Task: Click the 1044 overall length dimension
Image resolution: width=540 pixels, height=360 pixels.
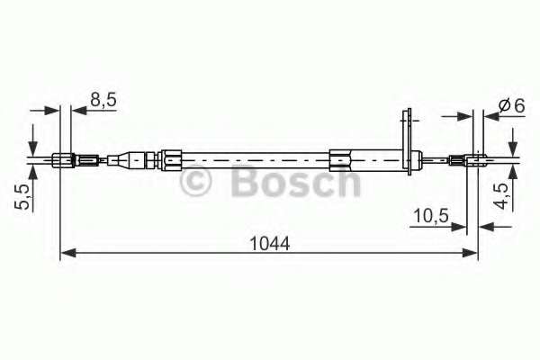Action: pos(270,244)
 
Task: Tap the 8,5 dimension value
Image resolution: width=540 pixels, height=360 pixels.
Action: pos(103,100)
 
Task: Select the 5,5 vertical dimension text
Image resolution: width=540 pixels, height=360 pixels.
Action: pos(22,197)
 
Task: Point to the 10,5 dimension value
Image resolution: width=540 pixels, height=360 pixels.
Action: pos(431,216)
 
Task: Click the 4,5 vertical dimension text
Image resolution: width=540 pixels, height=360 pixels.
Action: pos(501,196)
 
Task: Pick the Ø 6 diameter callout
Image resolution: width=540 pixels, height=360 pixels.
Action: pos(512,105)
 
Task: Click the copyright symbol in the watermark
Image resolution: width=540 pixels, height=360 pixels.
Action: pos(195,181)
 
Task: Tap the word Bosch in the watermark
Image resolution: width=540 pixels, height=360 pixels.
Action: pos(295,180)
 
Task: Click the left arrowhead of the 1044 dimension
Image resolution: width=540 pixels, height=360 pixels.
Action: pos(68,253)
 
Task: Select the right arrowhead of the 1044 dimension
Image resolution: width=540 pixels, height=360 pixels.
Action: pos(470,253)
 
